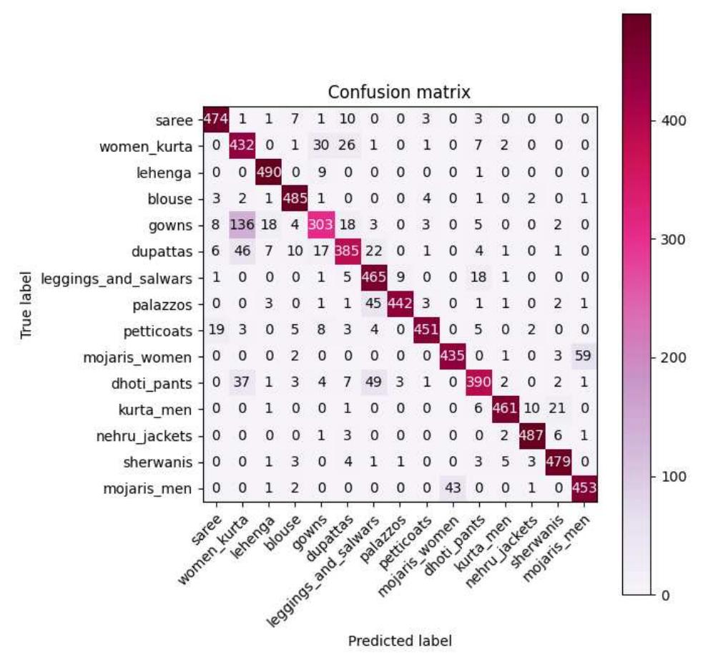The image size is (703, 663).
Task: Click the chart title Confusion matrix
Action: pos(398,93)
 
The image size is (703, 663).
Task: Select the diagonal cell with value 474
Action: pos(215,120)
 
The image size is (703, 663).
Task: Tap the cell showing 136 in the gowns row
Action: pos(242,226)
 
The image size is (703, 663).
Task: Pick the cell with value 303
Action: pos(320,226)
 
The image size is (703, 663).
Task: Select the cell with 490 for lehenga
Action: pos(268,173)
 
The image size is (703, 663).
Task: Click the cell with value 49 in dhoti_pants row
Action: pos(373,383)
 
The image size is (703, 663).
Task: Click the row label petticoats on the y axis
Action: pos(163,331)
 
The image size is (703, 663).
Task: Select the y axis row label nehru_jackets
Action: pos(157,436)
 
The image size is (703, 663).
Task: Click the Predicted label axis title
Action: pos(399,641)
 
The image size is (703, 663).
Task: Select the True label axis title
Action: pos(26,305)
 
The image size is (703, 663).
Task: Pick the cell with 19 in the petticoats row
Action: pos(215,331)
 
